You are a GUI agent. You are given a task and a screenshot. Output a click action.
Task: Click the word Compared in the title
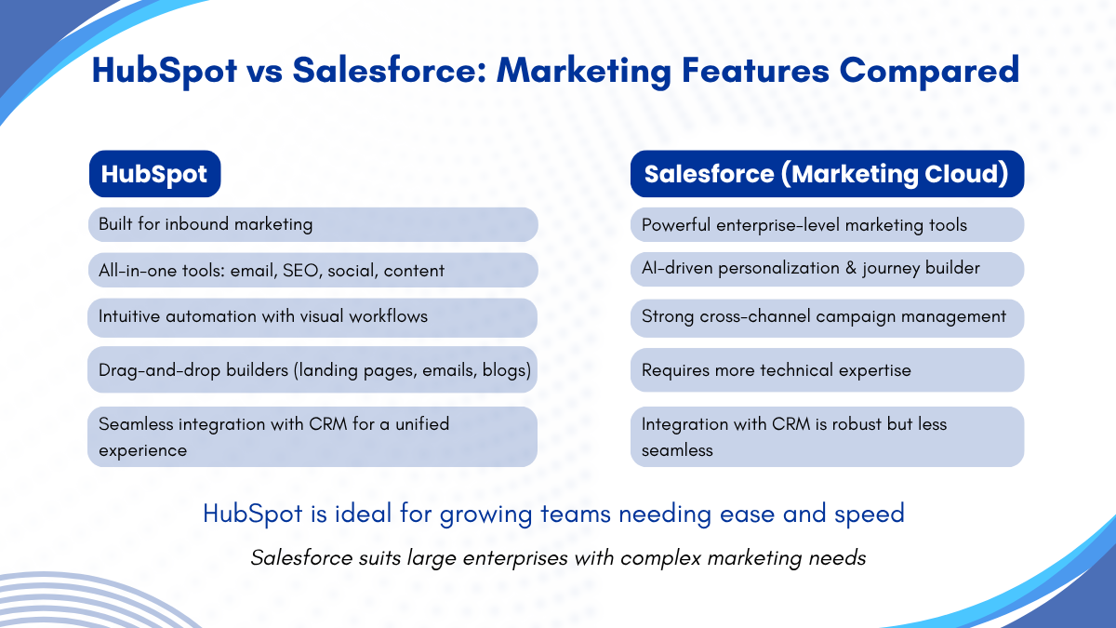coord(929,72)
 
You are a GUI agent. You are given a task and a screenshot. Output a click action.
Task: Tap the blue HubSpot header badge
coord(155,173)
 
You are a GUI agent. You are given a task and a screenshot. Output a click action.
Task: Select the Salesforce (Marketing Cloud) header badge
coord(827,173)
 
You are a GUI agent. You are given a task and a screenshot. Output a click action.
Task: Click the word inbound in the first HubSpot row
coord(197,224)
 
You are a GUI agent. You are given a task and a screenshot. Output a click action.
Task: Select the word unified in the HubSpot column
coord(422,423)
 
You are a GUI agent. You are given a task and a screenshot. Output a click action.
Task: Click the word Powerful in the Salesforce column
coord(676,225)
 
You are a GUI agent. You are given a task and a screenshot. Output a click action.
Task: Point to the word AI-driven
coord(677,268)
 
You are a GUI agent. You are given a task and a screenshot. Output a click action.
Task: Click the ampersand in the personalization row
coord(850,268)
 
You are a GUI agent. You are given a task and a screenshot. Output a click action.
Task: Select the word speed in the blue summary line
coord(870,514)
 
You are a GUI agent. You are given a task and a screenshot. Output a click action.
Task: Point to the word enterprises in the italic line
coord(515,557)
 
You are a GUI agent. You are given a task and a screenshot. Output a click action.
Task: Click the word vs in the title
coord(264,72)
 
